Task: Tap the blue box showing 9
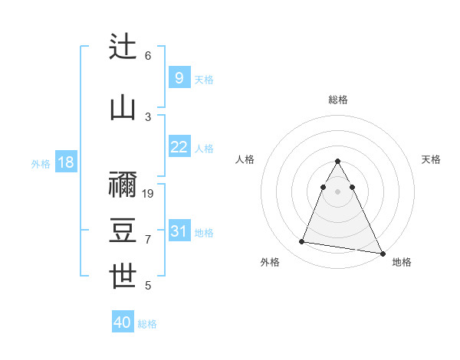[x=179, y=78]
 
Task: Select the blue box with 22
[x=179, y=147]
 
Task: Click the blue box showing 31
[x=179, y=231]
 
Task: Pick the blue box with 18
[x=65, y=162]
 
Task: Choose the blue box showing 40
[x=123, y=322]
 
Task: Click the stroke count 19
[x=149, y=194]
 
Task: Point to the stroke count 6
[x=148, y=56]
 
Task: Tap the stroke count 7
[x=148, y=240]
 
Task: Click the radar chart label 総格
[x=338, y=100]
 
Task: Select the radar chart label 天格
[x=431, y=159]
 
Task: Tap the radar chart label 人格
[x=245, y=159]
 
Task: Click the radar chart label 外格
[x=270, y=262]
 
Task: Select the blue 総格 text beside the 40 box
[x=147, y=324]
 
